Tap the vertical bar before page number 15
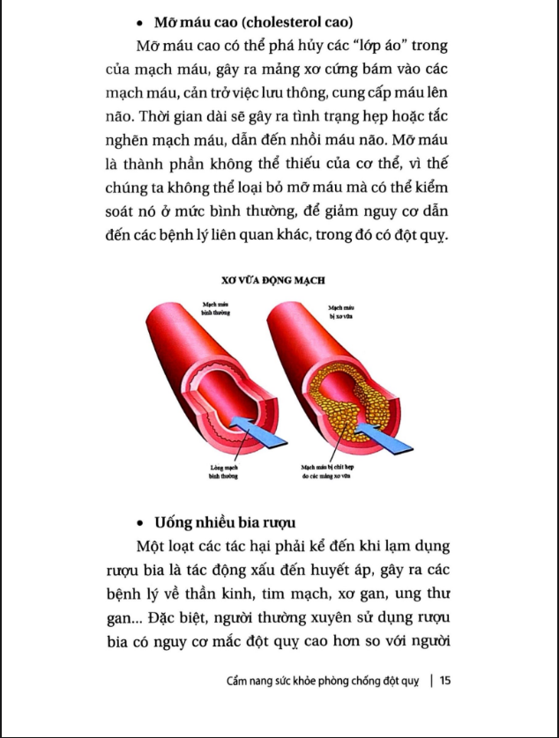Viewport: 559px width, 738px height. tap(431, 680)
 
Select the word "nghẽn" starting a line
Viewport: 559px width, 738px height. tap(121, 142)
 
